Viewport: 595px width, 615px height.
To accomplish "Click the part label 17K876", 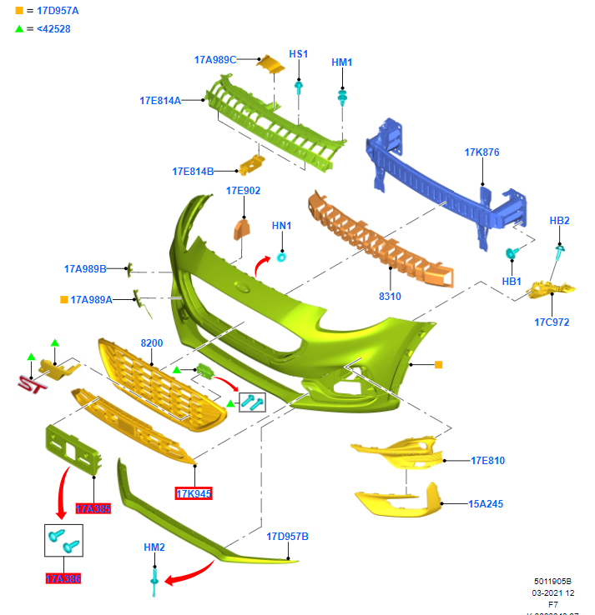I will [482, 152].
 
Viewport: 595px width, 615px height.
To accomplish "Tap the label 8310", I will [390, 296].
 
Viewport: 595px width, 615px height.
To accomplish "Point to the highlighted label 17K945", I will [194, 493].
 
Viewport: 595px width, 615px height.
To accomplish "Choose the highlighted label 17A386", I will [63, 578].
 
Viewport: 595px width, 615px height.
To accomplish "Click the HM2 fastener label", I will [154, 547].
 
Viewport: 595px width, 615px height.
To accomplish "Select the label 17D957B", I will [287, 536].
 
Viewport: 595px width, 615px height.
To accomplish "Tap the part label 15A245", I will [486, 503].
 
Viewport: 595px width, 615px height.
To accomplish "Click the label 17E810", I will [487, 460].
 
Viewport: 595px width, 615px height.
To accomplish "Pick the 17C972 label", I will [552, 322].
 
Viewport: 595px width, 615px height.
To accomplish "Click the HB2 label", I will [559, 221].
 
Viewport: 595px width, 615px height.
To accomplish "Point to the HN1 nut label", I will [281, 226].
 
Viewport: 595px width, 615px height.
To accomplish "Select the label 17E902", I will [243, 191].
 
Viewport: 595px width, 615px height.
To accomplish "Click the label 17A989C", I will [215, 59].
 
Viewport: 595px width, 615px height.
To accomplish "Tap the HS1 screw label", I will [298, 54].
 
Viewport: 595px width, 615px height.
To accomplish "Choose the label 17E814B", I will [193, 171].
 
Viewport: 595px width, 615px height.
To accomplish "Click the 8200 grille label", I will [151, 342].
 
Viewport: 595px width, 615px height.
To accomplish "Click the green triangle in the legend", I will [19, 29].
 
